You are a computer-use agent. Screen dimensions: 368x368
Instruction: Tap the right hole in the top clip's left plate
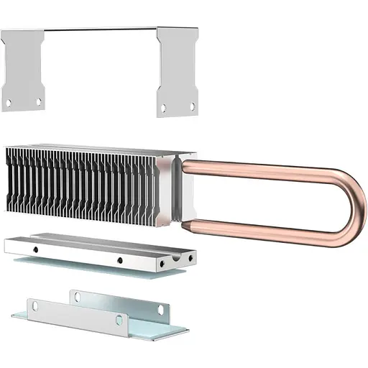click(39, 102)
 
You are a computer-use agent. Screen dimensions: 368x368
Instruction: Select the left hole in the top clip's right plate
click(163, 109)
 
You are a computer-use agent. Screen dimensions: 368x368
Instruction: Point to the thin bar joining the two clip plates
click(101, 29)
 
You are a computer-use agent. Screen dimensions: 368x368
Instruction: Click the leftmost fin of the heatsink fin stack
click(10, 180)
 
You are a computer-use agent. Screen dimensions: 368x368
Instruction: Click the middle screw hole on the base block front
click(119, 260)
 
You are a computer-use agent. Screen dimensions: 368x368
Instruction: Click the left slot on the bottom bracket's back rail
click(74, 295)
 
